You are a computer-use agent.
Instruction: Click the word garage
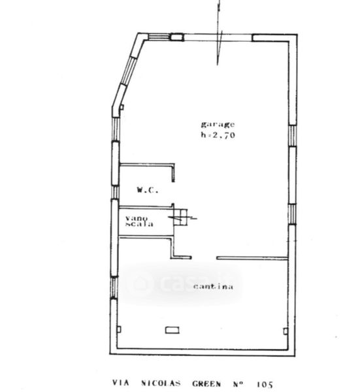pos(218,124)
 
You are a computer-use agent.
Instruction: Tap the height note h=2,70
pos(218,135)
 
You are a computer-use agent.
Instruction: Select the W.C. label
pos(148,190)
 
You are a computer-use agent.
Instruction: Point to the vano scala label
pos(139,221)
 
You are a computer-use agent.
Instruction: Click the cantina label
pos(213,286)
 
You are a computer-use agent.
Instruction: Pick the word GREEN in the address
pos(206,384)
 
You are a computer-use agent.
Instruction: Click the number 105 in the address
pos(265,384)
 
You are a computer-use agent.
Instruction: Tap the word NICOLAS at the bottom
pos(161,384)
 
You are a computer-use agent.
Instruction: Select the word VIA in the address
pos(120,383)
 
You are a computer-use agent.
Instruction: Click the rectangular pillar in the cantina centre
pos(172,330)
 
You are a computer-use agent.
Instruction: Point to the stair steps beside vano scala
pos(180,218)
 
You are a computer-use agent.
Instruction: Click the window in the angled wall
pos(128,71)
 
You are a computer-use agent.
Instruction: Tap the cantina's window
pos(114,287)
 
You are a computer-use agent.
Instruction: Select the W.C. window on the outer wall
pos(115,192)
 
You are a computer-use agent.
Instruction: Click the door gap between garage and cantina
pos(204,258)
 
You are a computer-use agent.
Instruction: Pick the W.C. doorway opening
pos(173,193)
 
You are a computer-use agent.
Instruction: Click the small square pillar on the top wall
pos(177,37)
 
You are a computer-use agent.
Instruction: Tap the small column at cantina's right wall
pos(286,331)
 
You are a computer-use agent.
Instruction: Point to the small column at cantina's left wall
pos(120,329)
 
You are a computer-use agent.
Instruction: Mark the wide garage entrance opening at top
pos(218,37)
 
